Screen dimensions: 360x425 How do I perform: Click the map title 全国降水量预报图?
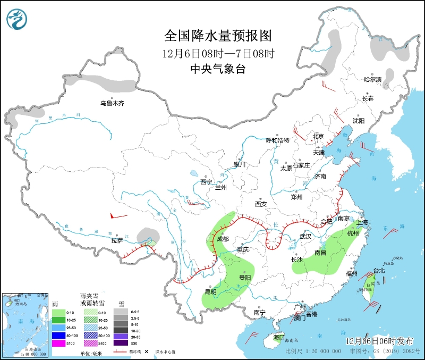pos(218,36)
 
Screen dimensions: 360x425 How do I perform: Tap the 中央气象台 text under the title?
pos(218,69)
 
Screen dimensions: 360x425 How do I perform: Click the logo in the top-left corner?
pos(17,20)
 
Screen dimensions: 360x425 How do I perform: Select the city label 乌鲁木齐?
pos(112,103)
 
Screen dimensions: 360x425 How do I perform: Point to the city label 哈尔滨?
pos(373,79)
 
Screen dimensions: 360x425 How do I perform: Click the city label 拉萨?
pos(117,240)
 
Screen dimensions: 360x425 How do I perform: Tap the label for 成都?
pos(223,239)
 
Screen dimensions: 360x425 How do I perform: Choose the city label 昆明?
pos(210,292)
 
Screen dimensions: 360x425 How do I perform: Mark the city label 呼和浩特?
pos(277,140)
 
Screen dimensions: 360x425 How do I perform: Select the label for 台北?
pos(379,271)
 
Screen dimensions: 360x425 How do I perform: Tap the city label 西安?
pos(260,204)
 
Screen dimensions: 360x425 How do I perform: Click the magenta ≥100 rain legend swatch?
pos(58,344)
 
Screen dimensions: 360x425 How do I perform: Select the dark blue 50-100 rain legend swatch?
pos(58,336)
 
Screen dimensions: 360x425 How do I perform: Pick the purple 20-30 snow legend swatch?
pos(122,336)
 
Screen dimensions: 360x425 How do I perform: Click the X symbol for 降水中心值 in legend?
pos(146,351)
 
